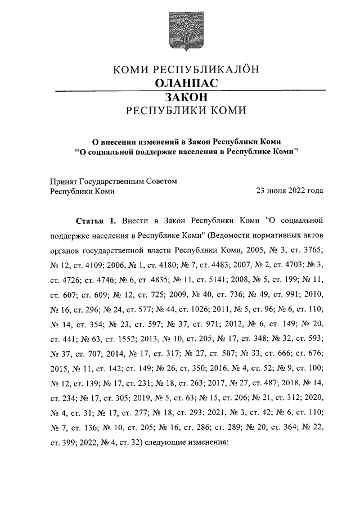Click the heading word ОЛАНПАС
(x=180, y=83)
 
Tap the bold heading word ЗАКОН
(x=180, y=97)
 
